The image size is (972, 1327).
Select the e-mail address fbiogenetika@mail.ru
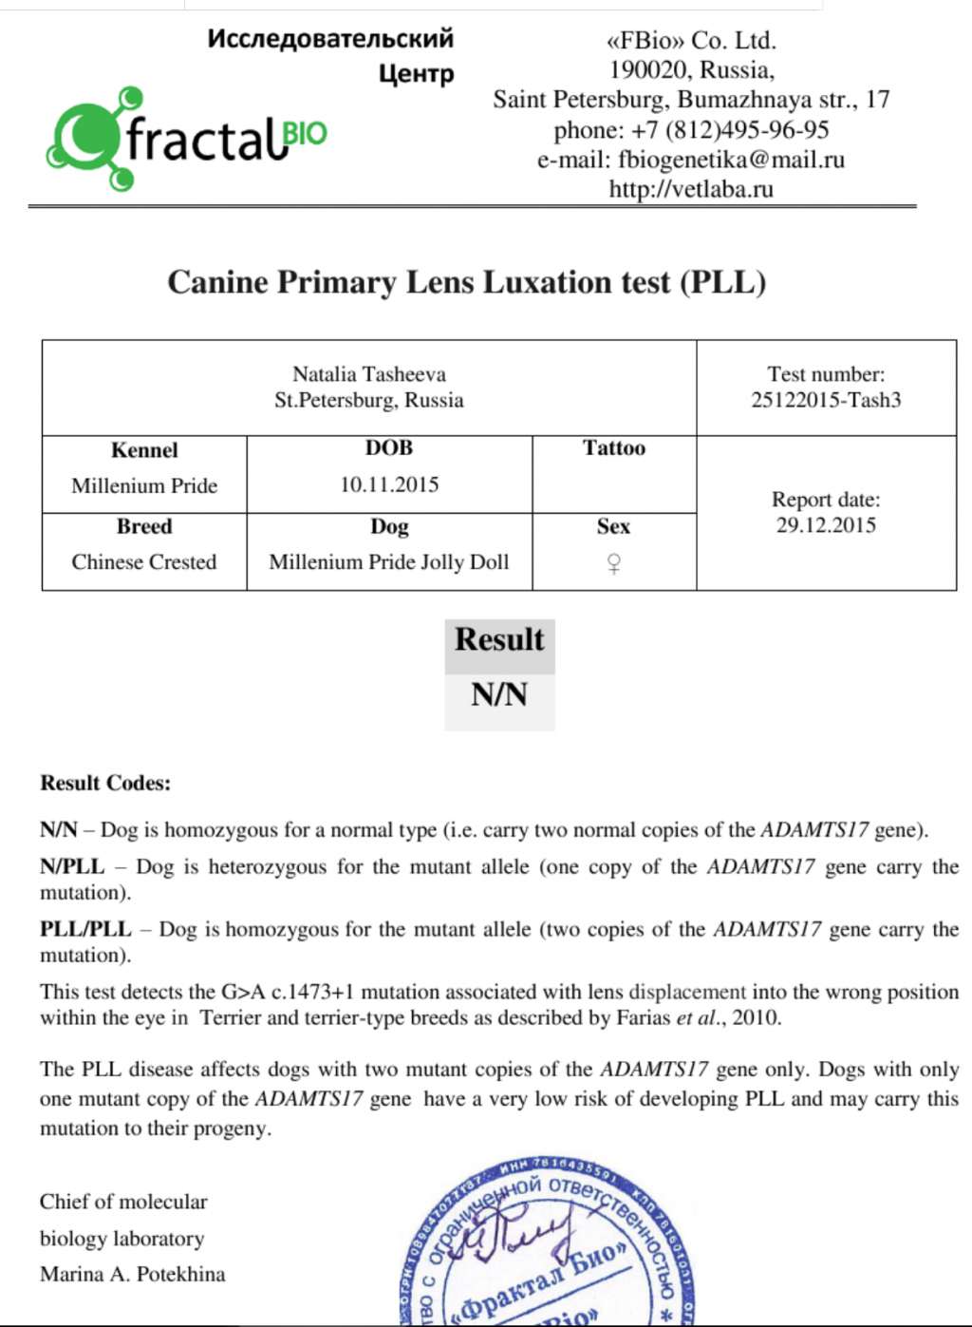coord(731,160)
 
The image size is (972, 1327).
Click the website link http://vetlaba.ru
coord(691,189)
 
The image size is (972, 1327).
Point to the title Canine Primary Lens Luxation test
coord(466,282)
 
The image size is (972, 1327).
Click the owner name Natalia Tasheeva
coord(369,374)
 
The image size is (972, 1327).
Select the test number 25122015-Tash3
coord(826,400)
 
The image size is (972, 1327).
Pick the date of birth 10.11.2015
coord(389,484)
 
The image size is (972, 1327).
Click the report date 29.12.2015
coord(826,525)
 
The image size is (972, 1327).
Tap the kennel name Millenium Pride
coord(144,485)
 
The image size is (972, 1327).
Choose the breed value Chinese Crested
coord(144,561)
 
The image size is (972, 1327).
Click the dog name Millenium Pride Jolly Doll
coord(389,561)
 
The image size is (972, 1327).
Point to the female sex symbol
coord(614,564)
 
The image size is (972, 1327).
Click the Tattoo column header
coord(614,448)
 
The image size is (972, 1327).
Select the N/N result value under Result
coord(499,695)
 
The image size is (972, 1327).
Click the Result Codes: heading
coord(105,784)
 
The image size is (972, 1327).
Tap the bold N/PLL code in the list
coord(72,866)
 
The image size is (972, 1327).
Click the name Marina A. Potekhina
coord(133,1275)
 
